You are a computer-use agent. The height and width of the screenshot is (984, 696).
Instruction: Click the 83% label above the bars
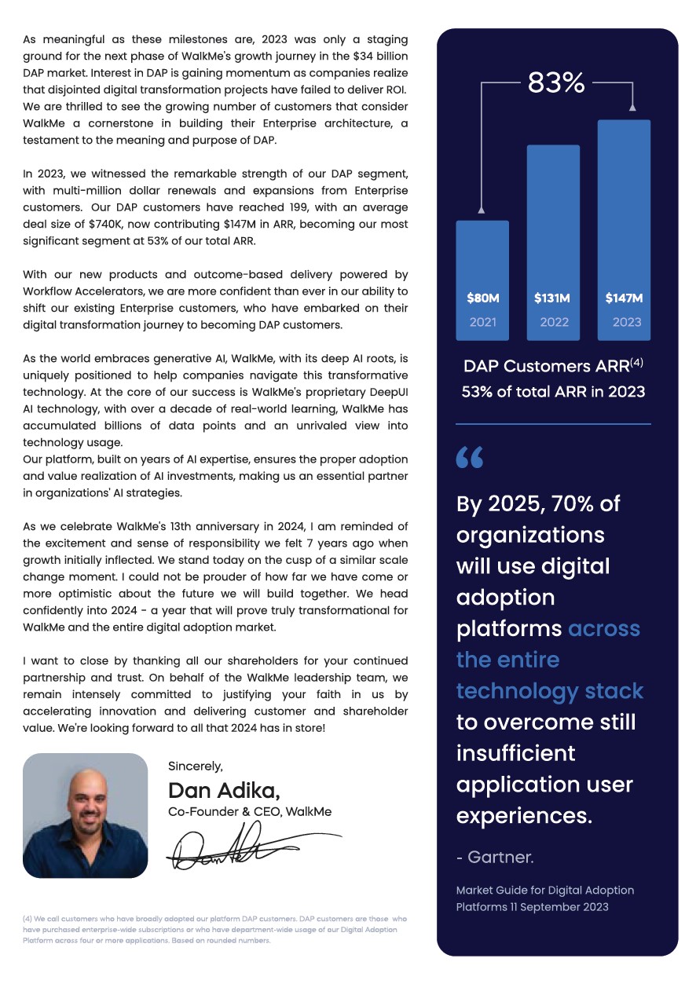(556, 82)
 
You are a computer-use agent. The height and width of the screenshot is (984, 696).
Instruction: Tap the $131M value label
(552, 298)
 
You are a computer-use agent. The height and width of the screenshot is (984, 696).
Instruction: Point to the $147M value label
(624, 298)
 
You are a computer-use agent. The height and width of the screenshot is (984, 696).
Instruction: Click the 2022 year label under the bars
(554, 322)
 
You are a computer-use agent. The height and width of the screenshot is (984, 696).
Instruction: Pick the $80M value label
(482, 298)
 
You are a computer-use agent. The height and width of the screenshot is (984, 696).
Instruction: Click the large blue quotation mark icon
(470, 457)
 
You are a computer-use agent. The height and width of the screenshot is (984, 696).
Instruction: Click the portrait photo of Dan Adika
(85, 815)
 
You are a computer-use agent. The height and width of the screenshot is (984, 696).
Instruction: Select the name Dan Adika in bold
(224, 790)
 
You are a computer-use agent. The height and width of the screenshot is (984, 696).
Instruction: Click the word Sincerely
(196, 766)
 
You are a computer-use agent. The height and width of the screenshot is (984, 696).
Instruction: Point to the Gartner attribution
(495, 858)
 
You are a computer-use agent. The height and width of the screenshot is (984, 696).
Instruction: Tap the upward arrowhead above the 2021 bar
(481, 210)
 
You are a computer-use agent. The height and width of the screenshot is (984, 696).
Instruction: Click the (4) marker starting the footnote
(27, 918)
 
